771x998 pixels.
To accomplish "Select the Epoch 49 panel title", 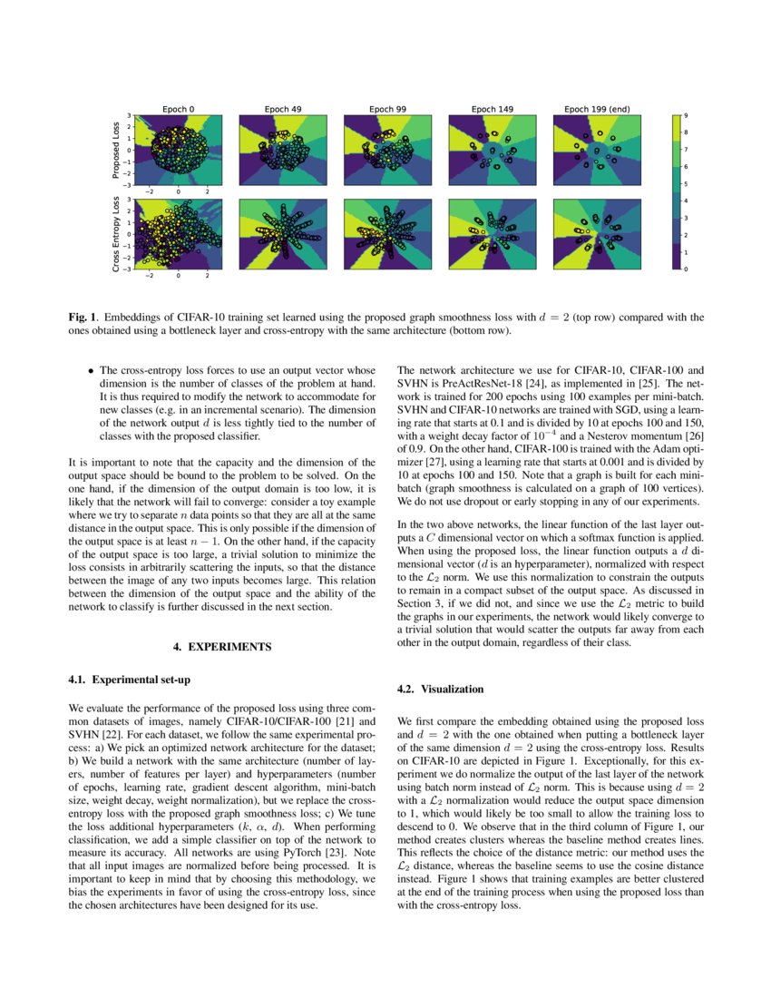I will click(283, 109).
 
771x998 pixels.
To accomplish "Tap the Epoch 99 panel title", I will click(387, 109).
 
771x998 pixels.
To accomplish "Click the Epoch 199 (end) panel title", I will click(597, 109).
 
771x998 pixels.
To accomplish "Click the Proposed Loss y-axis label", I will click(115, 151).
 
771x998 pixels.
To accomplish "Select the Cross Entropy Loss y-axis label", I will click(115, 235).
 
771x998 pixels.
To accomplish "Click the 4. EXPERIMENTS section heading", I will click(221, 647).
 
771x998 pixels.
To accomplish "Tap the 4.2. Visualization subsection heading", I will click(440, 689).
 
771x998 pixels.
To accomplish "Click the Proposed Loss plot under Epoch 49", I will click(283, 150).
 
